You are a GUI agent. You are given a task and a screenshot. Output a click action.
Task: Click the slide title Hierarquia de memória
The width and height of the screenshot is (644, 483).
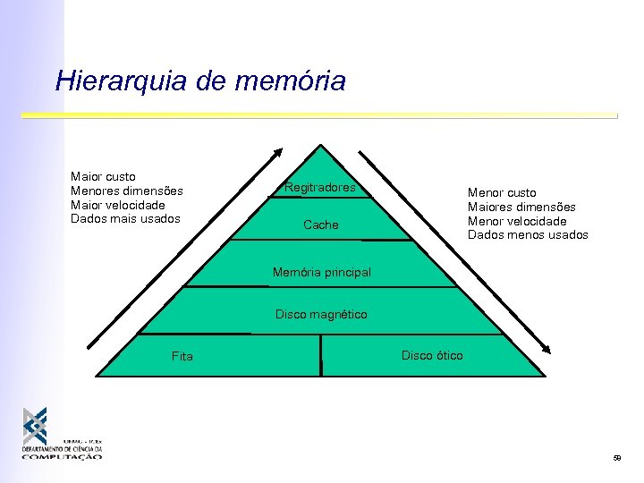point(200,81)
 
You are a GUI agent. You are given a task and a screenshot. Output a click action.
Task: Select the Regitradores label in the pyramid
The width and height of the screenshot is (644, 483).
point(319,188)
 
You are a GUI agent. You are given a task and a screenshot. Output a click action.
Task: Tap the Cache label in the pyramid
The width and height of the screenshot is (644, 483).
point(321,225)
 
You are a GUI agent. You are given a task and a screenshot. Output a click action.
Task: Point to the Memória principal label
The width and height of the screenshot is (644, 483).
point(321,272)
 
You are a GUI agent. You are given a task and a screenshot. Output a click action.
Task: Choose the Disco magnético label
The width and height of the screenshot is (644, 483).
point(321,315)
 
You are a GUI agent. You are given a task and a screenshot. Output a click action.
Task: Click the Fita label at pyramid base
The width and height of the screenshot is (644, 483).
point(182,357)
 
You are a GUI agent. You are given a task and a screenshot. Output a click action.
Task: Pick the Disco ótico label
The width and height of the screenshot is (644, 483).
point(432,356)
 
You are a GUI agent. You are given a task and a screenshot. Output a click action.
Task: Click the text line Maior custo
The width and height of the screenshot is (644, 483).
point(103,177)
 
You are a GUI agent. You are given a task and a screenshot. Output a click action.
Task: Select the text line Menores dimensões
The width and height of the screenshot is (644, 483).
point(126,191)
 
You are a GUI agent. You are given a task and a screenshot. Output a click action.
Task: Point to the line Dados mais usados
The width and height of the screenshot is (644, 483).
point(125,218)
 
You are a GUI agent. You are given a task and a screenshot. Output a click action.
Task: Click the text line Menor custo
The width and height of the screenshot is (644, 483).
point(502,192)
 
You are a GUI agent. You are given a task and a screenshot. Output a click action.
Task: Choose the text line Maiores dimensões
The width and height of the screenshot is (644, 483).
point(521,207)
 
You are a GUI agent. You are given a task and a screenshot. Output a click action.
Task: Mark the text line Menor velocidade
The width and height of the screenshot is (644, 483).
point(517,221)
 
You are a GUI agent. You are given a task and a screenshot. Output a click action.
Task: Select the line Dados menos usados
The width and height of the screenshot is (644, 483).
point(528,235)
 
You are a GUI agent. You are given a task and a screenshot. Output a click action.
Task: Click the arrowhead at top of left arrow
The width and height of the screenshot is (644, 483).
point(277,153)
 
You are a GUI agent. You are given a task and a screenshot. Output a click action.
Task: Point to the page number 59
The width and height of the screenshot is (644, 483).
point(616,459)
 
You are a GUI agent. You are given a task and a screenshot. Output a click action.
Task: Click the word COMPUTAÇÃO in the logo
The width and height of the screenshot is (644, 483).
point(62,456)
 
